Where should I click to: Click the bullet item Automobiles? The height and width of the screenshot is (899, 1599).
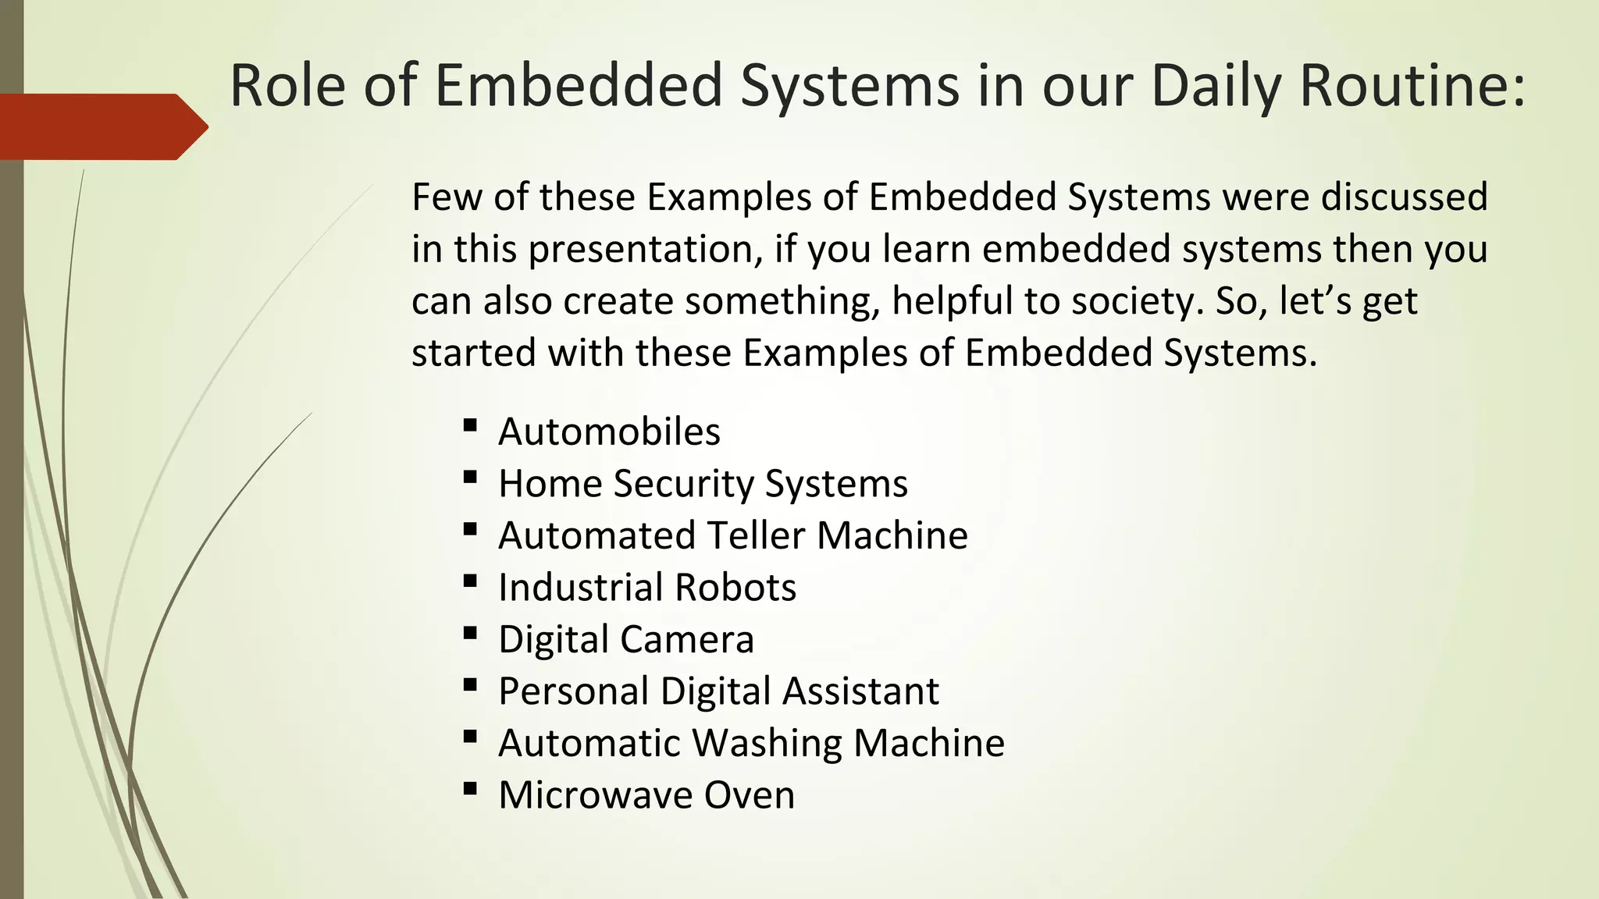pos(609,432)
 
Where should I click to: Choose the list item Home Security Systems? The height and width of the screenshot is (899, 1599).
pos(703,484)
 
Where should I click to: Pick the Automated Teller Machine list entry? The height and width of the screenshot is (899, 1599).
pos(733,535)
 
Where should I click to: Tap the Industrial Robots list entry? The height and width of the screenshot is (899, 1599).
pos(647,588)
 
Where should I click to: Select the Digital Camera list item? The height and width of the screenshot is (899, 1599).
pos(626,639)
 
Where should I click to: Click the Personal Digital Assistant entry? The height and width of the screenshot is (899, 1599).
pos(718,691)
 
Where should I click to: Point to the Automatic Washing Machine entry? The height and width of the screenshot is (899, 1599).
pos(751,743)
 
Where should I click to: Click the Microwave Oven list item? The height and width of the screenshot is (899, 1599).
pos(646,795)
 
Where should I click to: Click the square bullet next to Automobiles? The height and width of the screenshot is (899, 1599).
pos(470,425)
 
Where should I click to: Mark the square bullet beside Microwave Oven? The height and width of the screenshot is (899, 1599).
pos(470,789)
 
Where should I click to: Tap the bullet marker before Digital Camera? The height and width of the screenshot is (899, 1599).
pos(470,633)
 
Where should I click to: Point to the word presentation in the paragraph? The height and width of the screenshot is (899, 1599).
pos(645,250)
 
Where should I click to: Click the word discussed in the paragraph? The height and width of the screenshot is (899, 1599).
pos(1404,197)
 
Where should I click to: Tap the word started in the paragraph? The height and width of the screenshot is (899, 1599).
pos(473,353)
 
